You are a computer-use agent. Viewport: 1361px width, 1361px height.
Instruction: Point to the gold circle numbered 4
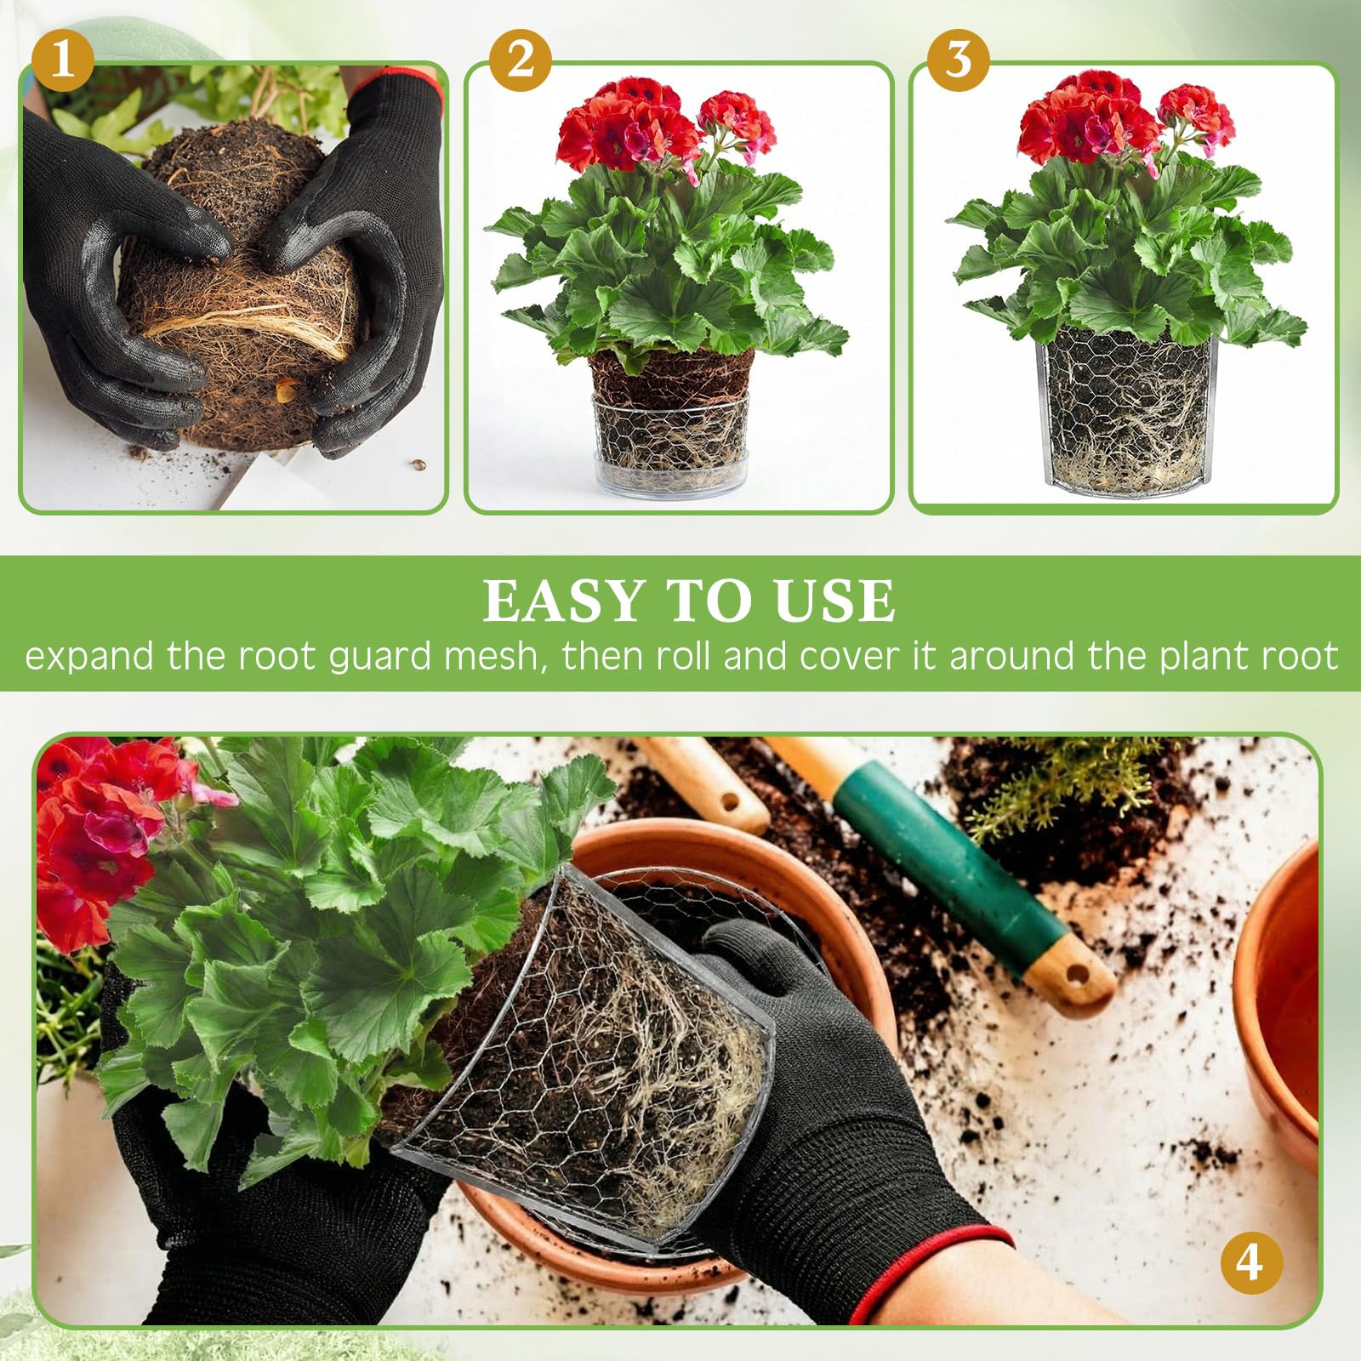pyautogui.click(x=1250, y=1262)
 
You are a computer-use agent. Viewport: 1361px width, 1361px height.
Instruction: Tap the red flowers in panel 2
pyautogui.click(x=663, y=128)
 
